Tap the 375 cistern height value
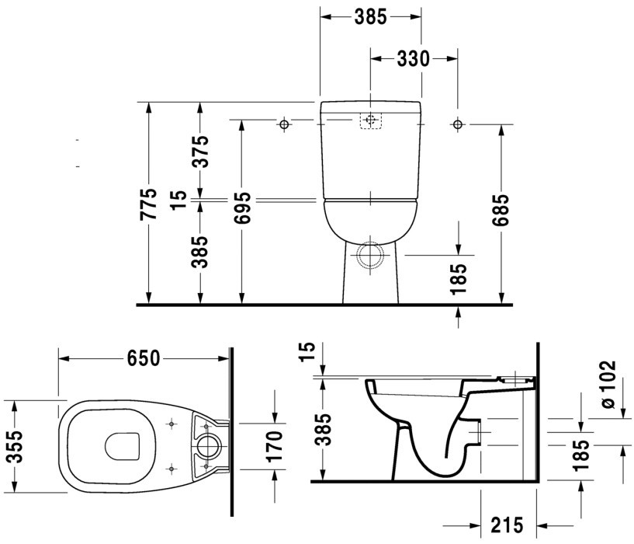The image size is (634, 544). tap(200, 152)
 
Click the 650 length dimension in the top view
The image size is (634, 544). tap(144, 358)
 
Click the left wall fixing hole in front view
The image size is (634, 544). tap(285, 124)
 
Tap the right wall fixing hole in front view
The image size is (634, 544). tap(457, 124)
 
